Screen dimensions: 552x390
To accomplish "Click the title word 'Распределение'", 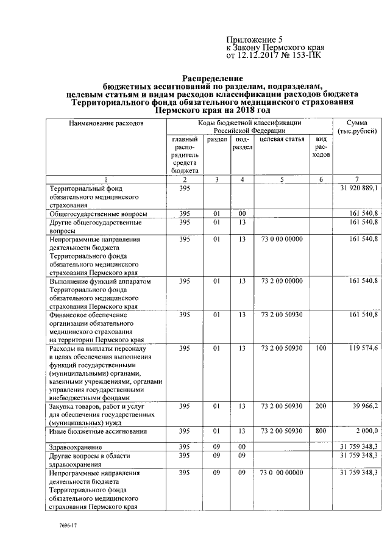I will (x=213, y=79).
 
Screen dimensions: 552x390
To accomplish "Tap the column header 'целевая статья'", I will (x=281, y=140).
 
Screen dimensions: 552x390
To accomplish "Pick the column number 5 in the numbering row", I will (x=281, y=179).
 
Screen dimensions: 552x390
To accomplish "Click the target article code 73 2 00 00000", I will (x=281, y=281).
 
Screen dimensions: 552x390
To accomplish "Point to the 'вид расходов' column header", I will (x=321, y=147).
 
